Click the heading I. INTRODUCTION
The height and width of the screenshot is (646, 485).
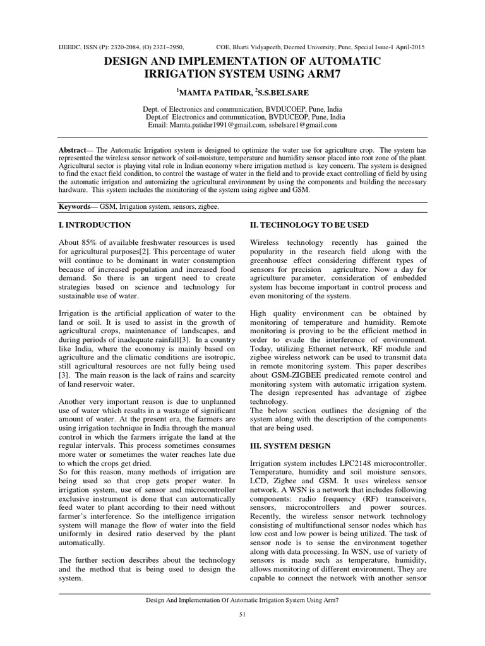[x=95, y=225]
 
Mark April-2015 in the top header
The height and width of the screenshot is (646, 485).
[x=410, y=47]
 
